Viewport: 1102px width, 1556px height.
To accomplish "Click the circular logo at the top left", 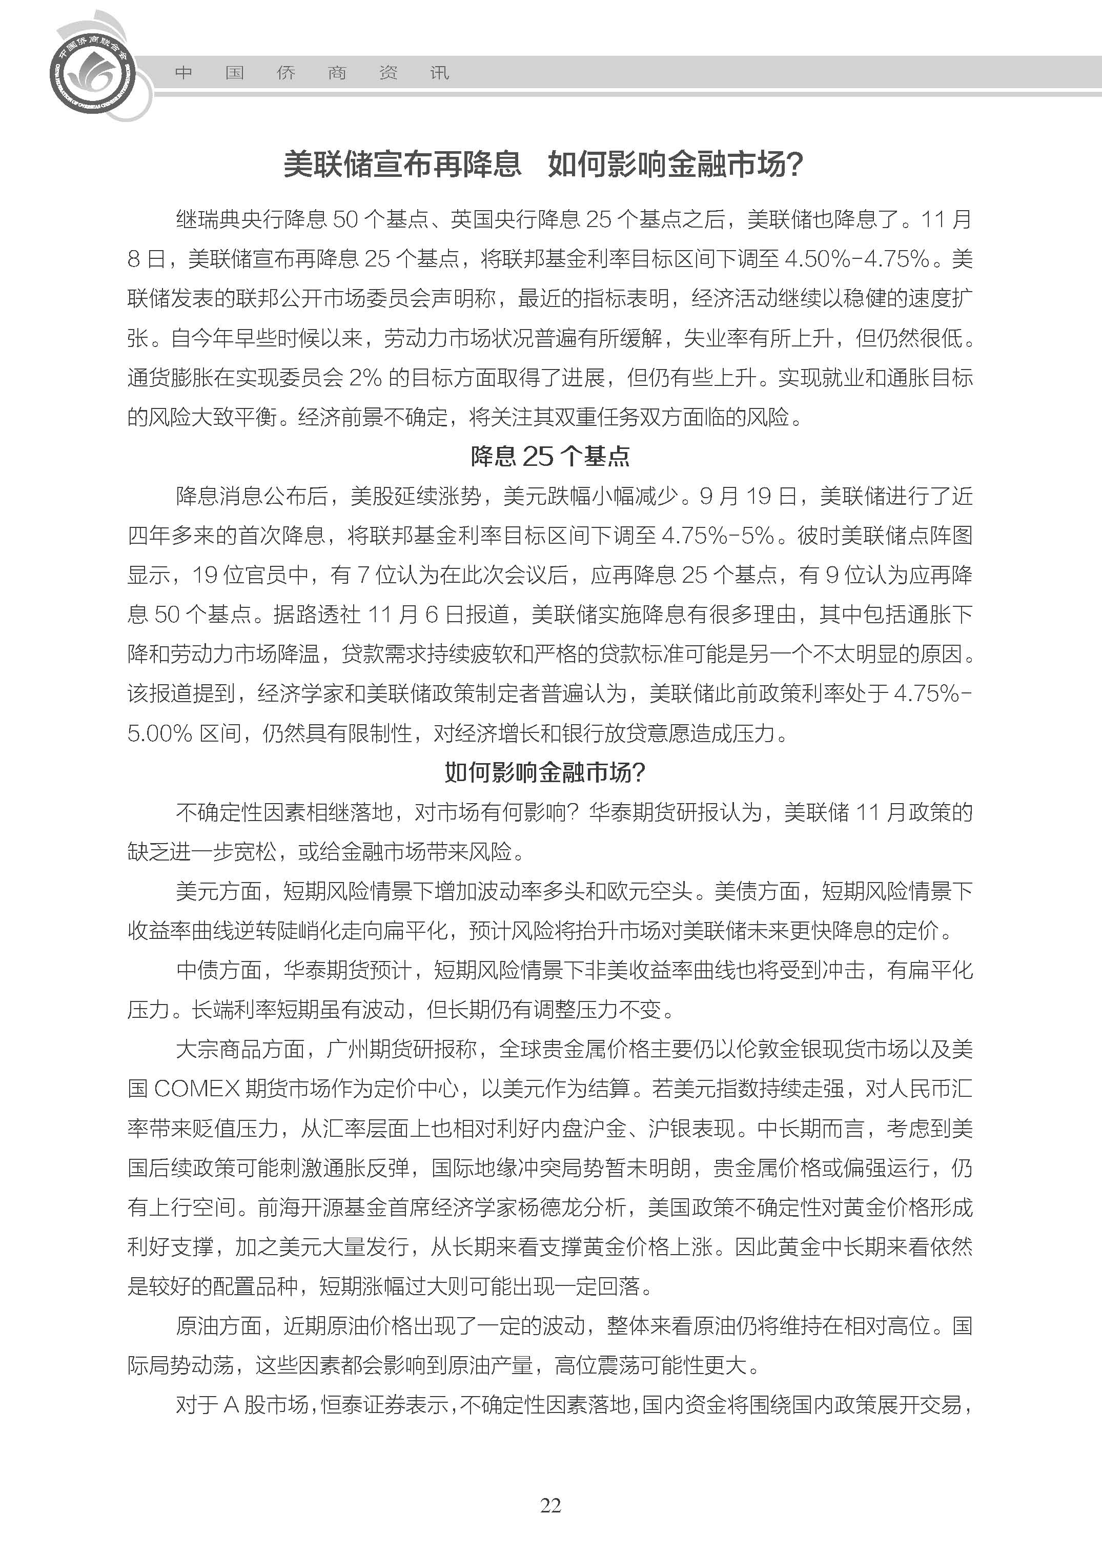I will tap(92, 71).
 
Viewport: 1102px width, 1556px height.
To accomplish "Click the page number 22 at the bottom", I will tap(550, 1505).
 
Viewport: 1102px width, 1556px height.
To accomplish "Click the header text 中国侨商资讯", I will tap(312, 73).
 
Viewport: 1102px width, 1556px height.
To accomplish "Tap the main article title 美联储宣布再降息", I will tap(402, 164).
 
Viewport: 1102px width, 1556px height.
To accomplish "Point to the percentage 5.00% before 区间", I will tap(160, 733).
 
